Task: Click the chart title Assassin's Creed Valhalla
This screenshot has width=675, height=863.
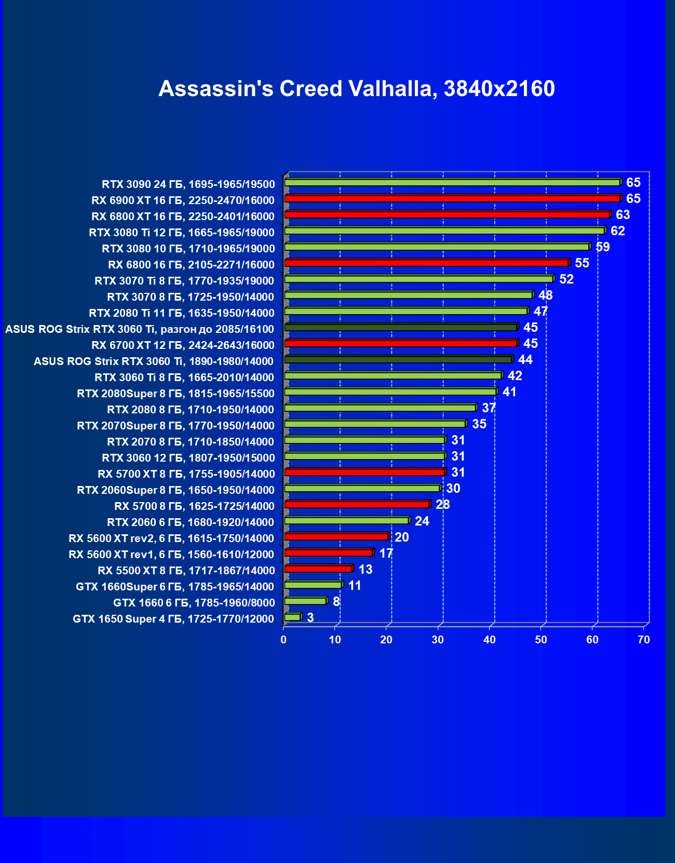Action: click(x=356, y=89)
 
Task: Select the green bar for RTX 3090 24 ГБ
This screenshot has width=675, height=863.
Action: click(x=452, y=183)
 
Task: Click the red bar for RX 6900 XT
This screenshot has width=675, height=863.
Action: click(x=452, y=199)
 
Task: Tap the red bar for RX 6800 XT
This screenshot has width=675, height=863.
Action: click(x=447, y=215)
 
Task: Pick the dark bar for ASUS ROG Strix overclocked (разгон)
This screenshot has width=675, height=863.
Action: click(x=401, y=328)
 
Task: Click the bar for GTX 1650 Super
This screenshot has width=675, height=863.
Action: click(x=293, y=617)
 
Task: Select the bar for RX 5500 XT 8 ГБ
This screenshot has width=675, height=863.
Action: click(x=318, y=569)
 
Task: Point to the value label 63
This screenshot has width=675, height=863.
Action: click(x=623, y=215)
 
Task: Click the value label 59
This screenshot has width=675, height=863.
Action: click(x=602, y=247)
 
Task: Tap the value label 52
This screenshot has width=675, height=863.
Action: click(x=566, y=279)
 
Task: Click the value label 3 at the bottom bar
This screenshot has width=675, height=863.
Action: click(x=310, y=618)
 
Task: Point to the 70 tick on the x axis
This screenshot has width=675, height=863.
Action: click(x=643, y=640)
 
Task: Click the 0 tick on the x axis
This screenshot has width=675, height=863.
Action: click(x=283, y=640)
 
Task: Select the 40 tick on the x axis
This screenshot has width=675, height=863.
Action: click(x=489, y=640)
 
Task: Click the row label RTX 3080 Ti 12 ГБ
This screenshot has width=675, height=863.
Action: click(x=182, y=233)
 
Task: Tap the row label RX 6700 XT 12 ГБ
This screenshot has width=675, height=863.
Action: click(x=183, y=345)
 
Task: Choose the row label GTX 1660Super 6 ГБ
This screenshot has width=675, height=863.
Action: click(x=175, y=587)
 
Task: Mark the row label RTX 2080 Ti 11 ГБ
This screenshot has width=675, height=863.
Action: click(x=182, y=313)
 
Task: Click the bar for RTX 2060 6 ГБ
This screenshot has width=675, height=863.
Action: click(x=346, y=521)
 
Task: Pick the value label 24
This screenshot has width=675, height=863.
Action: click(x=422, y=521)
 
